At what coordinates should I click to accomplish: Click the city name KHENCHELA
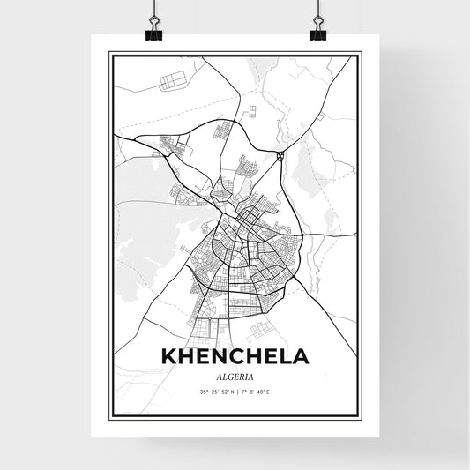(235, 357)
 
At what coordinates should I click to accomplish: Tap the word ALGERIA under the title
(235, 375)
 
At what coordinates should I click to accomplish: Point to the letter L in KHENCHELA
(282, 357)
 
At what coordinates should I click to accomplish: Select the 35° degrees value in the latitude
(205, 391)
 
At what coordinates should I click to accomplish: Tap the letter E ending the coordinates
(268, 391)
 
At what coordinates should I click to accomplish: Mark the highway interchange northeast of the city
(280, 156)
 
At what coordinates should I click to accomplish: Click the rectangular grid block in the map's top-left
(172, 82)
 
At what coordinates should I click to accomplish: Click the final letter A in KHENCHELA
(300, 357)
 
